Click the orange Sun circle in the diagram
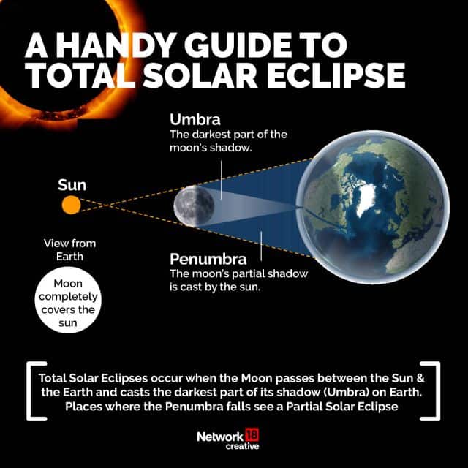(x=70, y=205)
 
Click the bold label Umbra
(x=196, y=118)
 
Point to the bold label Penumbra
(x=208, y=259)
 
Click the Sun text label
(x=72, y=184)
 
